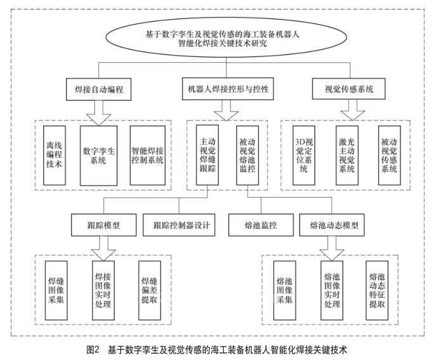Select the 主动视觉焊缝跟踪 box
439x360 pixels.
[209, 155]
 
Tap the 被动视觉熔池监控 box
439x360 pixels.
[245, 155]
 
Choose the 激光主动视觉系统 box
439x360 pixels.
[346, 155]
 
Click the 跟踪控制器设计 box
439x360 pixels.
[181, 226]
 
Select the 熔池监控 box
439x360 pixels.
[260, 226]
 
